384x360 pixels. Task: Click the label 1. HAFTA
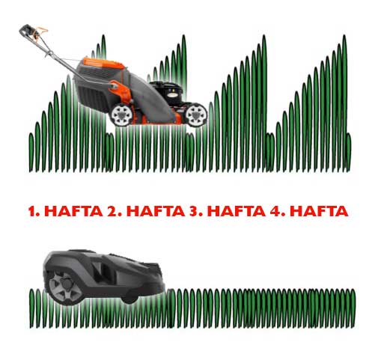point(66,211)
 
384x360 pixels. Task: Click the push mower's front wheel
point(196,115)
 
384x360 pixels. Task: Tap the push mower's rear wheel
point(122,115)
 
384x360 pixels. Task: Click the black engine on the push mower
point(168,93)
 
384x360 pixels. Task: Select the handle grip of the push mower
point(27,31)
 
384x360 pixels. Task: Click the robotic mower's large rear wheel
point(65,287)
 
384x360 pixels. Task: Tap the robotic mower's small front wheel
point(129,299)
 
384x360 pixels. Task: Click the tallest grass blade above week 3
point(264,100)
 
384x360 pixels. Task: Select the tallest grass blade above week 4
point(344,100)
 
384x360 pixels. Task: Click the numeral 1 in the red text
point(31,211)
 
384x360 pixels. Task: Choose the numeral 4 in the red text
point(274,211)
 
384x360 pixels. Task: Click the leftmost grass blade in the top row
point(31,153)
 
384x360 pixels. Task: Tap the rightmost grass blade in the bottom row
point(353,308)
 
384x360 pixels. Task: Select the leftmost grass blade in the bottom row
point(31,308)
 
